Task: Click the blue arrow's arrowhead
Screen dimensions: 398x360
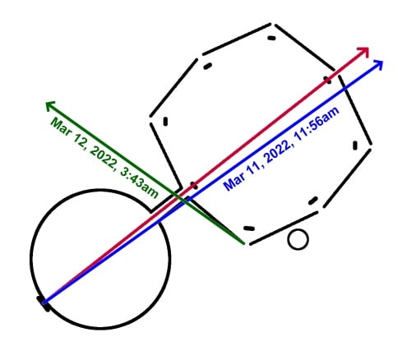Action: coord(378,64)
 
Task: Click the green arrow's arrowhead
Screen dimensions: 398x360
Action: coord(50,105)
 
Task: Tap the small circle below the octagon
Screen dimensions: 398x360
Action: coord(298,239)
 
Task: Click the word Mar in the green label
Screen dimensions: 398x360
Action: coord(61,126)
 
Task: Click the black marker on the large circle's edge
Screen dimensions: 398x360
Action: coord(43,303)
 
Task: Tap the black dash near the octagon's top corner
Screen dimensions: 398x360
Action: coord(271,38)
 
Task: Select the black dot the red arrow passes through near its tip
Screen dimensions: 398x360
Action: coord(328,80)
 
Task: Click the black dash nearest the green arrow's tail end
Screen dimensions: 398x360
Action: coord(249,228)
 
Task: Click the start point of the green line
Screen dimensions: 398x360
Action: coord(243,242)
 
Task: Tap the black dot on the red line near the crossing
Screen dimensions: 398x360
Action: coord(194,186)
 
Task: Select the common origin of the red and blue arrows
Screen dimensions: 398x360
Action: coord(44,302)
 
